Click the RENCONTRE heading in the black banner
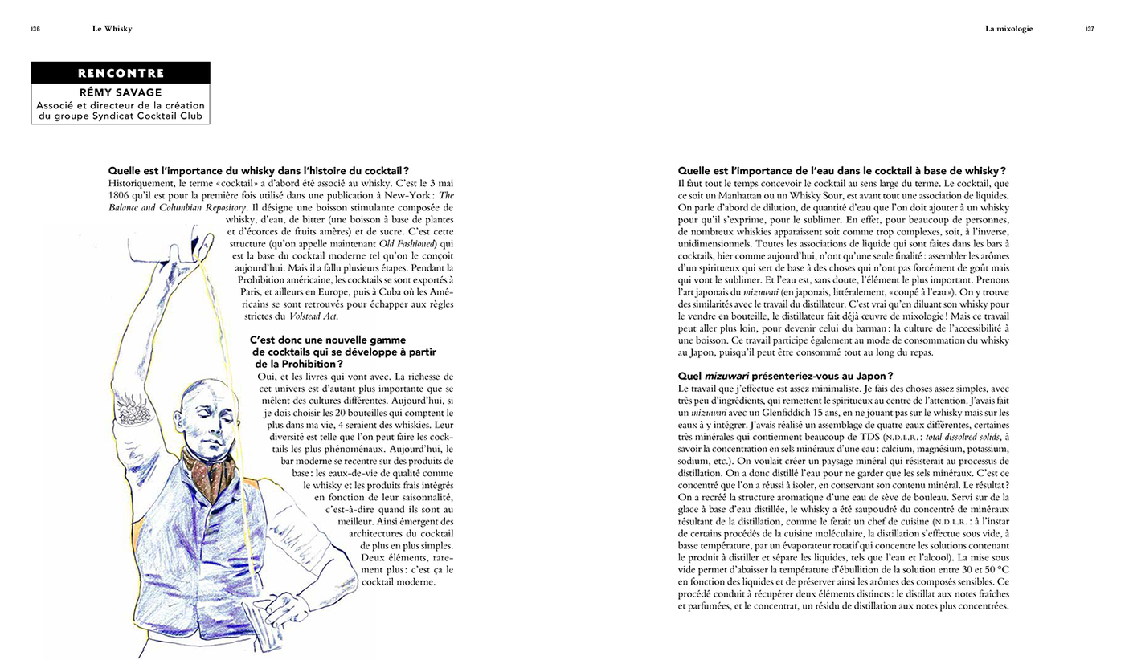click(x=121, y=73)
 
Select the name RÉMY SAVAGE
click(x=121, y=92)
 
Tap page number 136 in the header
click(x=35, y=29)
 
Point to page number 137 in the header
click(x=1089, y=29)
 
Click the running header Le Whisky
click(x=112, y=29)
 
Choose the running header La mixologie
click(x=1008, y=29)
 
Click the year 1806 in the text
click(x=120, y=195)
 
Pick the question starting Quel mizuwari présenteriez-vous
click(x=785, y=376)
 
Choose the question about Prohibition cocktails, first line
click(x=328, y=340)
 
